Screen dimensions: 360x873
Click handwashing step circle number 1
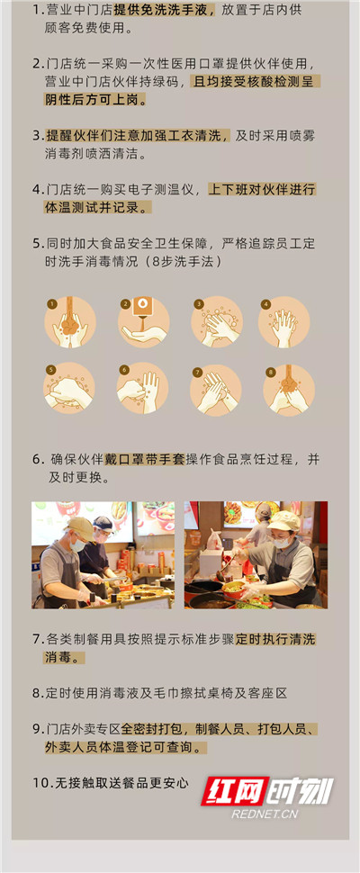(x=70, y=322)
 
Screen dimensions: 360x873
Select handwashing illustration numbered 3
(x=216, y=322)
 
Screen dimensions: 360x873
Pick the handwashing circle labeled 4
(x=283, y=322)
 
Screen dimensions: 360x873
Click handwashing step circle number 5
(x=69, y=389)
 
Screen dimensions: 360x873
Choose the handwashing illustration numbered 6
(x=142, y=389)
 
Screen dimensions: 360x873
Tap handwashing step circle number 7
(x=215, y=390)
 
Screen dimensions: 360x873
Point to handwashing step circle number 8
(x=289, y=390)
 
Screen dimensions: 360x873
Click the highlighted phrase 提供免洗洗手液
(x=164, y=11)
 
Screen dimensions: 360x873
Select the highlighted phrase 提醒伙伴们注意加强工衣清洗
(x=137, y=136)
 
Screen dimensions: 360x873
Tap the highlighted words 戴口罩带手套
(x=144, y=459)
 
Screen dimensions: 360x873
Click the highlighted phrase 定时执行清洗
(x=275, y=639)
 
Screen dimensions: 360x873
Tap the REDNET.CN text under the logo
(x=265, y=814)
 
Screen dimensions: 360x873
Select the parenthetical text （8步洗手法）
(x=182, y=261)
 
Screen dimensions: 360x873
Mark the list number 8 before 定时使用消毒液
(x=36, y=693)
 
